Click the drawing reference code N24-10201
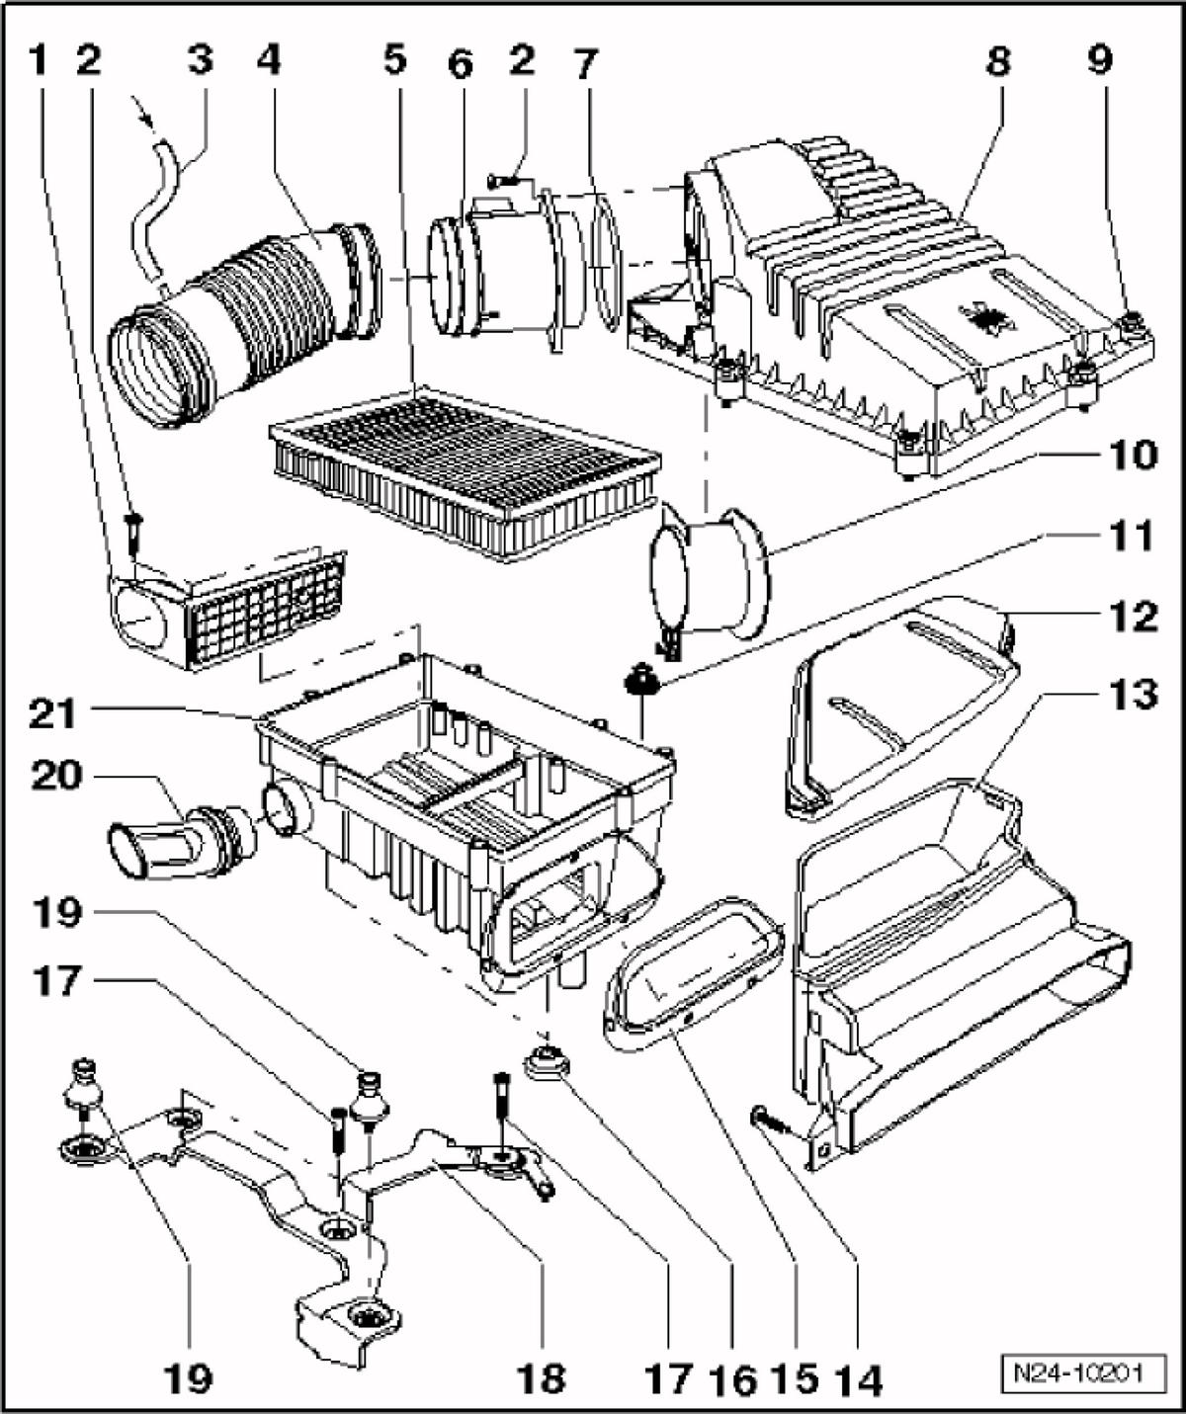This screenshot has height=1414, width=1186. (1084, 1372)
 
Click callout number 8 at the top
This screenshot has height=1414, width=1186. (998, 61)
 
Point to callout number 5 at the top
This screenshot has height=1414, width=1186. (395, 58)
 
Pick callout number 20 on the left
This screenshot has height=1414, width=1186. (57, 776)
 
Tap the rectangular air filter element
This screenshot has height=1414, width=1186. (465, 471)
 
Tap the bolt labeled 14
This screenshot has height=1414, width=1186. (772, 1123)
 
